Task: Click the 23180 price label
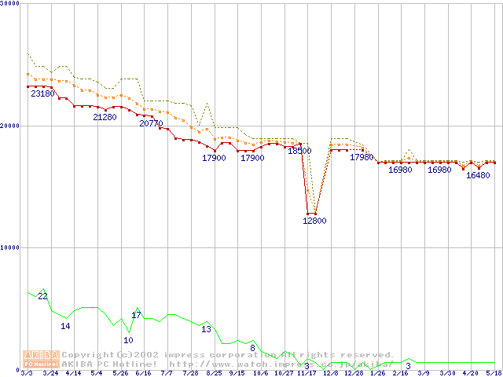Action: click(x=42, y=93)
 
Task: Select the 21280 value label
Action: click(x=105, y=117)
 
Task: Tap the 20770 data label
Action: click(x=151, y=123)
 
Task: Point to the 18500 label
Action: click(x=299, y=151)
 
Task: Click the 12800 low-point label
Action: click(x=314, y=221)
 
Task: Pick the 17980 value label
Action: click(x=362, y=157)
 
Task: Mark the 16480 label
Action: click(x=478, y=175)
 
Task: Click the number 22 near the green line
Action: click(x=42, y=296)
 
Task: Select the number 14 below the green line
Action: click(x=66, y=326)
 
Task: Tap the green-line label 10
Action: click(x=128, y=340)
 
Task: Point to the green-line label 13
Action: click(x=206, y=329)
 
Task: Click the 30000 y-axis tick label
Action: click(x=9, y=4)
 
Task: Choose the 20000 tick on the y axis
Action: click(x=9, y=126)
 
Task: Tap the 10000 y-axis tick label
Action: click(x=9, y=247)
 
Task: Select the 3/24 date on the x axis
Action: click(x=50, y=373)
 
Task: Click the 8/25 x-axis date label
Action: click(x=214, y=373)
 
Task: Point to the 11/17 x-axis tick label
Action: click(x=307, y=373)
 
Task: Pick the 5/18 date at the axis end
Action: click(x=494, y=373)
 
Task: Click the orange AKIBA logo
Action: click(x=41, y=359)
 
